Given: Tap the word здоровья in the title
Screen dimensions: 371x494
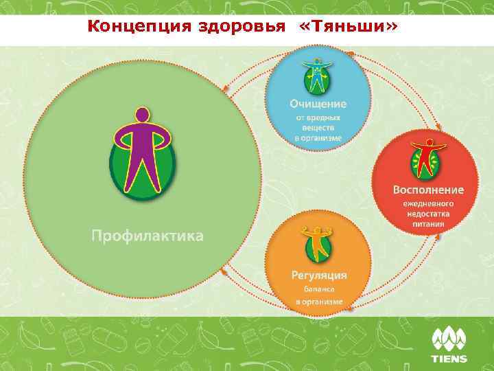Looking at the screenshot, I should click(x=231, y=26).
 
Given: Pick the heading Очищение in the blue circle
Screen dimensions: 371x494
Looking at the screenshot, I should click(x=318, y=104).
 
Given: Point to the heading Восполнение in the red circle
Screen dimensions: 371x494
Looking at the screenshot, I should click(x=428, y=189).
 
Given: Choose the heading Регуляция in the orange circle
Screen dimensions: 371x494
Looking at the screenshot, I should click(x=318, y=276).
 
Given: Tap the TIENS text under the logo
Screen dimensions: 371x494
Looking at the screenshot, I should click(x=449, y=359).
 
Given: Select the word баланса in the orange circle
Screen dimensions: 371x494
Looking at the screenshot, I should click(x=318, y=291).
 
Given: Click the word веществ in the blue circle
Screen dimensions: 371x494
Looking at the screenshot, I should click(x=318, y=128).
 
